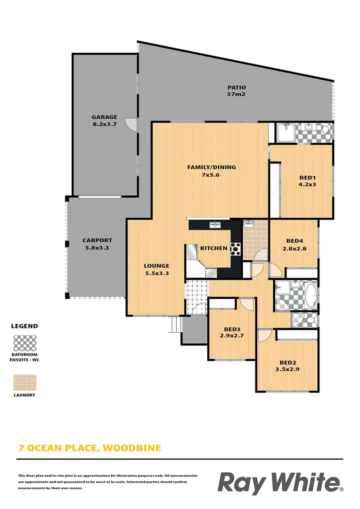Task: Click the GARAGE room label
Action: pyautogui.click(x=104, y=121)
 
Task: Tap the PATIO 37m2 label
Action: pyautogui.click(x=237, y=90)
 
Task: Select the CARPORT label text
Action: pyautogui.click(x=97, y=244)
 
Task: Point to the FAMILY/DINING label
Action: pyautogui.click(x=212, y=171)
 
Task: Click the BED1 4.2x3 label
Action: pyautogui.click(x=307, y=181)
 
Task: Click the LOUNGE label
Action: pyautogui.click(x=156, y=269)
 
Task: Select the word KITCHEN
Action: pyautogui.click(x=213, y=248)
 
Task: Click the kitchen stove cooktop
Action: pyautogui.click(x=235, y=248)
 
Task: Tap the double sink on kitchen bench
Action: pyautogui.click(x=215, y=225)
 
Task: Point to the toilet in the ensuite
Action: pyautogui.click(x=325, y=129)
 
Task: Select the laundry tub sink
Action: pyautogui.click(x=249, y=224)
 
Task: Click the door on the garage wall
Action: pyautogui.click(x=131, y=124)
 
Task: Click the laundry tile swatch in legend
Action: pyautogui.click(x=25, y=383)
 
